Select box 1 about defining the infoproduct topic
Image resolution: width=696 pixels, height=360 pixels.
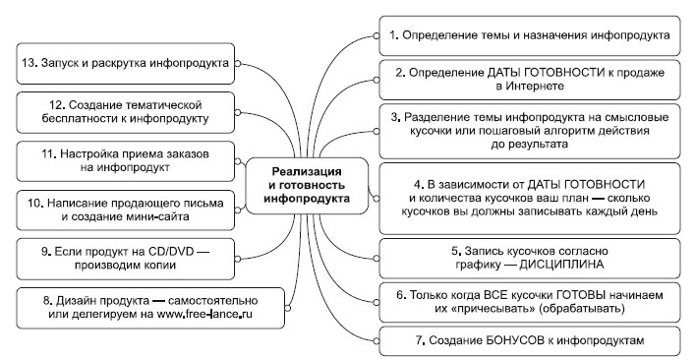coord(530,34)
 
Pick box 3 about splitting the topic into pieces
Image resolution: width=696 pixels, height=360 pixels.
coord(530,128)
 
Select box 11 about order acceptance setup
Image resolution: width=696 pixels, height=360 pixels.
coord(126,161)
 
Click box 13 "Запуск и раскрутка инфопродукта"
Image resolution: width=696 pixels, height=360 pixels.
coord(124,63)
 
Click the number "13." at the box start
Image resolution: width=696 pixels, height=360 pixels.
coord(29,63)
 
